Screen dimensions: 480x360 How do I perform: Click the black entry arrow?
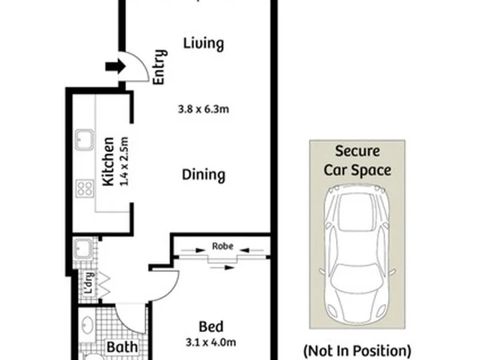(x=115, y=67)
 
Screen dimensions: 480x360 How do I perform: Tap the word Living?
(x=203, y=43)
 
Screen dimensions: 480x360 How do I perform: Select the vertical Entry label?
(x=160, y=67)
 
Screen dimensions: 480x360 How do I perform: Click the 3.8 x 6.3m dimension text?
(x=203, y=109)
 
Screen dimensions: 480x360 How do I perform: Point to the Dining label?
(x=203, y=175)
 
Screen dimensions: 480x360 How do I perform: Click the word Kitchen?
(x=109, y=161)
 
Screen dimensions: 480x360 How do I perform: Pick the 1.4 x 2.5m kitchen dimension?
(x=124, y=161)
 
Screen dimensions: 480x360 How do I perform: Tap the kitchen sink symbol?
(x=85, y=140)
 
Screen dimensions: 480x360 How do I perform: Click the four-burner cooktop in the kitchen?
(x=85, y=188)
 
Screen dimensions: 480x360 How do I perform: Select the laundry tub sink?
(x=83, y=249)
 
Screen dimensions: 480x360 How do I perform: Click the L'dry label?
(x=89, y=283)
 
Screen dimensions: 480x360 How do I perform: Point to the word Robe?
(x=223, y=246)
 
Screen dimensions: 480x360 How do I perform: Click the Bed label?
(x=211, y=327)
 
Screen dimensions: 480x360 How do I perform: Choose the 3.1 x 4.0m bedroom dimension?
(x=211, y=342)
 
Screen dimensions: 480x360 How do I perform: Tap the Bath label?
(x=122, y=347)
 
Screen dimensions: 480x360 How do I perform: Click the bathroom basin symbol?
(x=87, y=325)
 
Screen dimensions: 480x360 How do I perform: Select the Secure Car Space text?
(x=357, y=161)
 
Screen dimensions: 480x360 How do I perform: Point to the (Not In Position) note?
(x=357, y=351)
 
